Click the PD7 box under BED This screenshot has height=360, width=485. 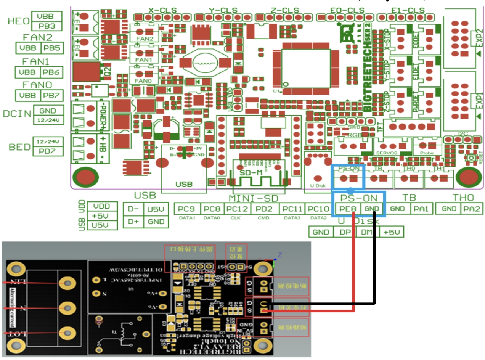[x=48, y=151]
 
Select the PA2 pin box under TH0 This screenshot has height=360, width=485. [x=472, y=209]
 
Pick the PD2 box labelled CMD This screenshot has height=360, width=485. [x=264, y=209]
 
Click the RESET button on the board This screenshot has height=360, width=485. [x=472, y=157]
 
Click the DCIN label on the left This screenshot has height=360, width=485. [x=17, y=114]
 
